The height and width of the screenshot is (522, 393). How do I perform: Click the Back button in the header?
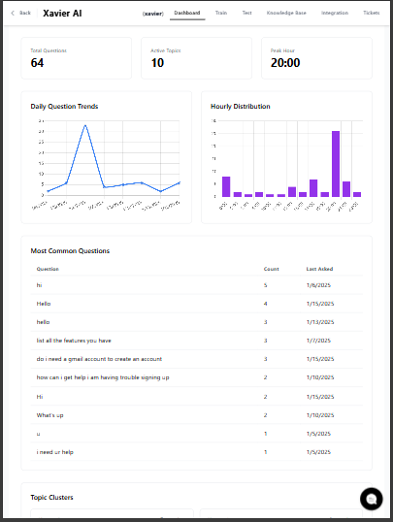pyautogui.click(x=20, y=13)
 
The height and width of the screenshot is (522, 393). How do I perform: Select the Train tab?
pyautogui.click(x=222, y=13)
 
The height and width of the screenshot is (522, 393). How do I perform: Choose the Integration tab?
pyautogui.click(x=334, y=13)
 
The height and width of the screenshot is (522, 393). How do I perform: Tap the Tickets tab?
pyautogui.click(x=371, y=13)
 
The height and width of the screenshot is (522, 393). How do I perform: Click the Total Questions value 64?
pyautogui.click(x=37, y=63)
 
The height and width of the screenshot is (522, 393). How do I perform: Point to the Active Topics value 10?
pyautogui.click(x=157, y=63)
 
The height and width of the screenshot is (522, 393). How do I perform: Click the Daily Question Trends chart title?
pyautogui.click(x=64, y=106)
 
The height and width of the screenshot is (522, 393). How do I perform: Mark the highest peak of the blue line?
pyautogui.click(x=85, y=125)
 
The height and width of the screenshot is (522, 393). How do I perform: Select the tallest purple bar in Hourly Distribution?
pyautogui.click(x=335, y=164)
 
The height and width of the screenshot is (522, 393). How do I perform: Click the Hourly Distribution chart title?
pyautogui.click(x=241, y=106)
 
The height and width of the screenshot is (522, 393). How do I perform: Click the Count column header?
pyautogui.click(x=271, y=269)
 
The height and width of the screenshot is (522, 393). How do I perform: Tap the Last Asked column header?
pyautogui.click(x=319, y=269)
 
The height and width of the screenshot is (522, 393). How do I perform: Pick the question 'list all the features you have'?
pyautogui.click(x=74, y=341)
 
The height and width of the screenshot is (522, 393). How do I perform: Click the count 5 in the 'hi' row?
pyautogui.click(x=265, y=285)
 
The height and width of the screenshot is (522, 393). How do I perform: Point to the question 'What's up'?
pyautogui.click(x=49, y=414)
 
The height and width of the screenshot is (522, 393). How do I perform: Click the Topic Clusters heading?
pyautogui.click(x=52, y=498)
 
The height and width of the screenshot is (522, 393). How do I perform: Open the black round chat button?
pyautogui.click(x=371, y=499)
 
